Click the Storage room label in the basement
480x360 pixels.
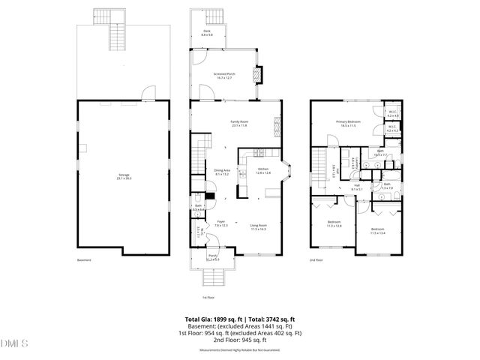point(123,176)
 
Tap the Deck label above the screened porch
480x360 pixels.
point(206,33)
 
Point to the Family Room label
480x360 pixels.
point(238,123)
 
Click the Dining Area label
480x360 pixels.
point(222,172)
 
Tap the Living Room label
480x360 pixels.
point(259,226)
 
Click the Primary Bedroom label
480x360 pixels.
point(348,123)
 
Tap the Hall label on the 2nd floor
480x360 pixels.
point(357,187)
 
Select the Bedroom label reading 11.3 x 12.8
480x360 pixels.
point(334,224)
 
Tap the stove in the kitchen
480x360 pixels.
point(261,152)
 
